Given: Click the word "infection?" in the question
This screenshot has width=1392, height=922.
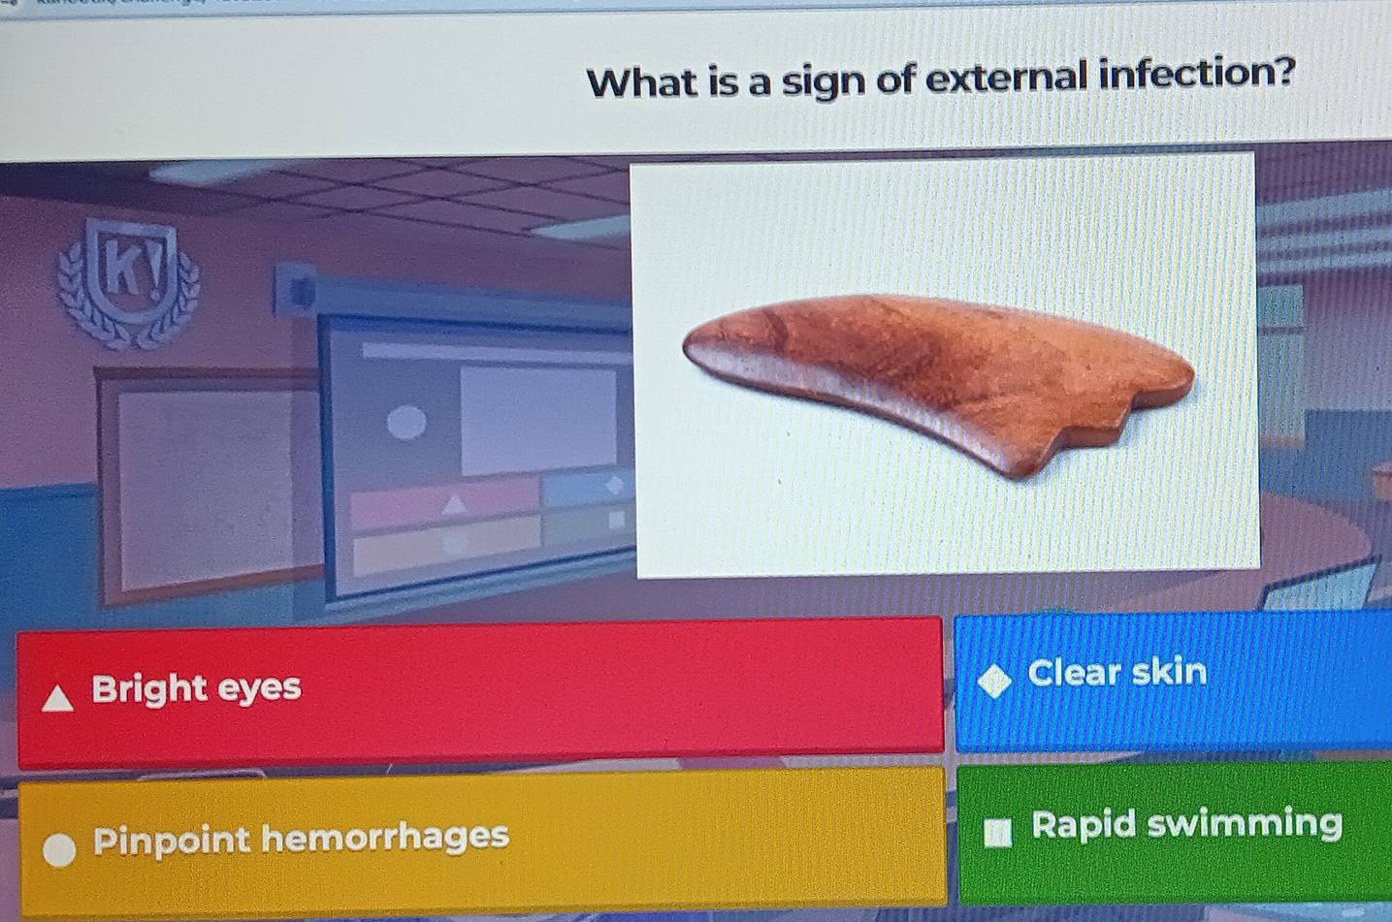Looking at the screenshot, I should tap(1196, 74).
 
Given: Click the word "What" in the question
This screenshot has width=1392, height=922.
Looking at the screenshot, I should tap(642, 82).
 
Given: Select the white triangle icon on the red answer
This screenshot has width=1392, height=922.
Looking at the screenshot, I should tap(58, 698).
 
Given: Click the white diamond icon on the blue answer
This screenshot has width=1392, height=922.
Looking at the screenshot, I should tap(994, 681).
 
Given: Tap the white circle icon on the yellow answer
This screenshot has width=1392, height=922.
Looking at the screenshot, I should tap(60, 848).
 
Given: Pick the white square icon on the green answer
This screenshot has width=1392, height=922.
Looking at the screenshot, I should tap(997, 832).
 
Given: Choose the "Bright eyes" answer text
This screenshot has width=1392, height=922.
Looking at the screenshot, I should tap(196, 688).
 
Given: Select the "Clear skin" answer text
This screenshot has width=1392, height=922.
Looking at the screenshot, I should tap(1117, 672).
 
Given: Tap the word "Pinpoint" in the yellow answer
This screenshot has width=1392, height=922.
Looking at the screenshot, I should tap(172, 840).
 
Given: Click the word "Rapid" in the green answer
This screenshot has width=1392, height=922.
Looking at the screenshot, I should tap(1084, 825).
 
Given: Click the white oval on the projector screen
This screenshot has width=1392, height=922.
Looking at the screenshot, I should tap(406, 423).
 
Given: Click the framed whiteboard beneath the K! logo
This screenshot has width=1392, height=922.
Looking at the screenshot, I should tap(209, 480).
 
